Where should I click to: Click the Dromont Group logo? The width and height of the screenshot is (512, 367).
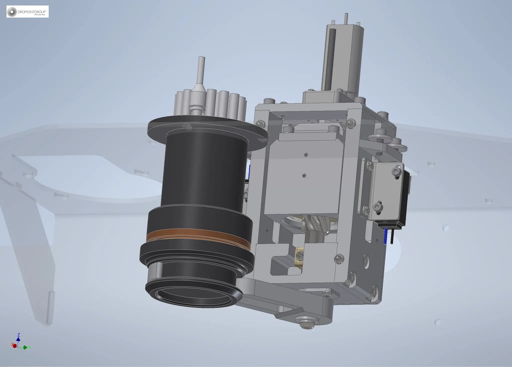[27, 12]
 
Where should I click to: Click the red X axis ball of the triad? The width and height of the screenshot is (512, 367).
[14, 346]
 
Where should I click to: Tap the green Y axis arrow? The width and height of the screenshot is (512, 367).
[25, 348]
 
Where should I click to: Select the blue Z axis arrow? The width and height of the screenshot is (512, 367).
[18, 339]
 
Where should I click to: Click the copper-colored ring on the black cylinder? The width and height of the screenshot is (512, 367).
[197, 235]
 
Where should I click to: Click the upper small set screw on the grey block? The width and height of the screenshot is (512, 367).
[306, 155]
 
